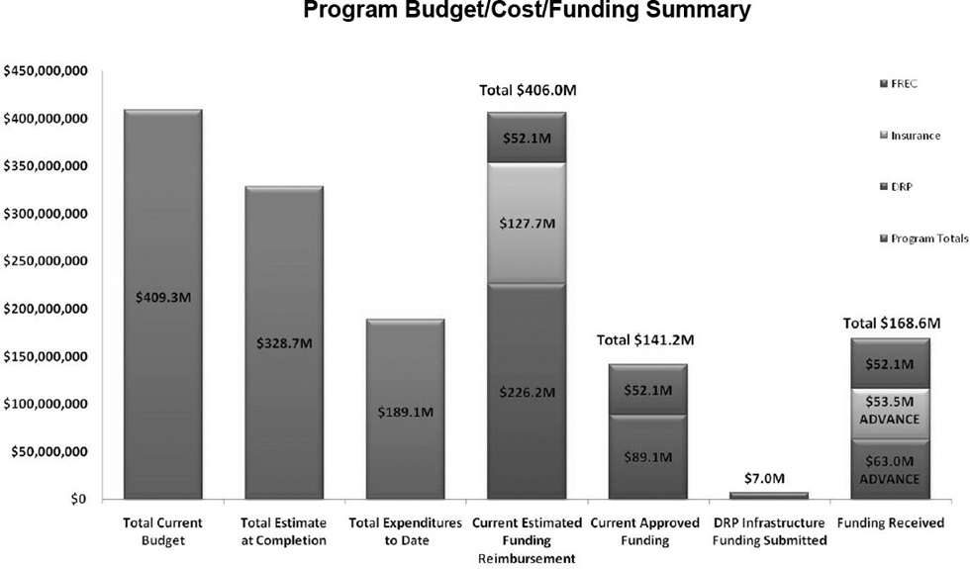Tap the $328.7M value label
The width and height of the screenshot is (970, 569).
click(283, 342)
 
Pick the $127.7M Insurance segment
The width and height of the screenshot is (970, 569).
click(527, 223)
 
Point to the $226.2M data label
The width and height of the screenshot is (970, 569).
click(527, 392)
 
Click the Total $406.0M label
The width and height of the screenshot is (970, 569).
click(528, 90)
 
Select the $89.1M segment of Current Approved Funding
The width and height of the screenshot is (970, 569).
click(648, 457)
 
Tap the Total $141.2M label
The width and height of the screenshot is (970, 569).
click(647, 340)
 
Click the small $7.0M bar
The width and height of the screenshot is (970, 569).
click(769, 495)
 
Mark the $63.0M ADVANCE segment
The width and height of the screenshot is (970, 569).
click(890, 470)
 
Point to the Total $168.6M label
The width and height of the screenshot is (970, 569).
click(891, 323)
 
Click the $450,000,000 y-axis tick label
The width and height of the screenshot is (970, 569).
click(47, 71)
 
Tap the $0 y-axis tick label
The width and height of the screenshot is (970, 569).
click(80, 500)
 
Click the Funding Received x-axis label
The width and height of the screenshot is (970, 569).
click(891, 522)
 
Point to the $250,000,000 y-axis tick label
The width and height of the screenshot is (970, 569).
click(47, 262)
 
